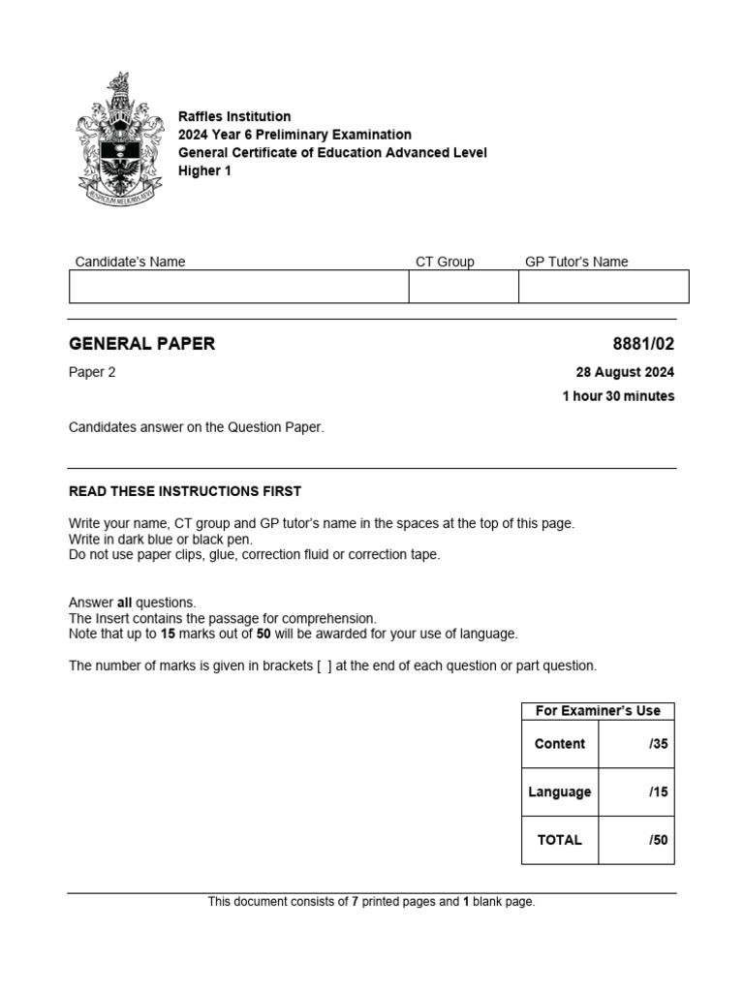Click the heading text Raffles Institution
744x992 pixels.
point(234,116)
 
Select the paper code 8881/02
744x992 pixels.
point(643,343)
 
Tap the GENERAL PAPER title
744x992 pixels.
point(142,343)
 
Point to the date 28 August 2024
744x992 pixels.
point(625,372)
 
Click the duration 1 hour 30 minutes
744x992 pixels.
point(618,395)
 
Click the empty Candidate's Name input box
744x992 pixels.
point(238,287)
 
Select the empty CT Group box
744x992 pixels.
point(463,287)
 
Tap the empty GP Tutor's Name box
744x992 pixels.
point(604,287)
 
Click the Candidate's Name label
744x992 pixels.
point(130,262)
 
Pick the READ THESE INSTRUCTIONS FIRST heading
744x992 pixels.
point(185,491)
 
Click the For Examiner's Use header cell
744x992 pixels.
point(598,710)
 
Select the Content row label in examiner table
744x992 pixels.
point(560,744)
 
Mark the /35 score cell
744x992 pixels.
point(636,744)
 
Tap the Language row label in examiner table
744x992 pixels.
point(560,791)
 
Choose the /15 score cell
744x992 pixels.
point(636,791)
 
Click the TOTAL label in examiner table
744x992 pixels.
point(560,840)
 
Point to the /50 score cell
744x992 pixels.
point(636,840)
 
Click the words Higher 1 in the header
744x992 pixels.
point(205,170)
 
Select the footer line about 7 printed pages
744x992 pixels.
point(371,901)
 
